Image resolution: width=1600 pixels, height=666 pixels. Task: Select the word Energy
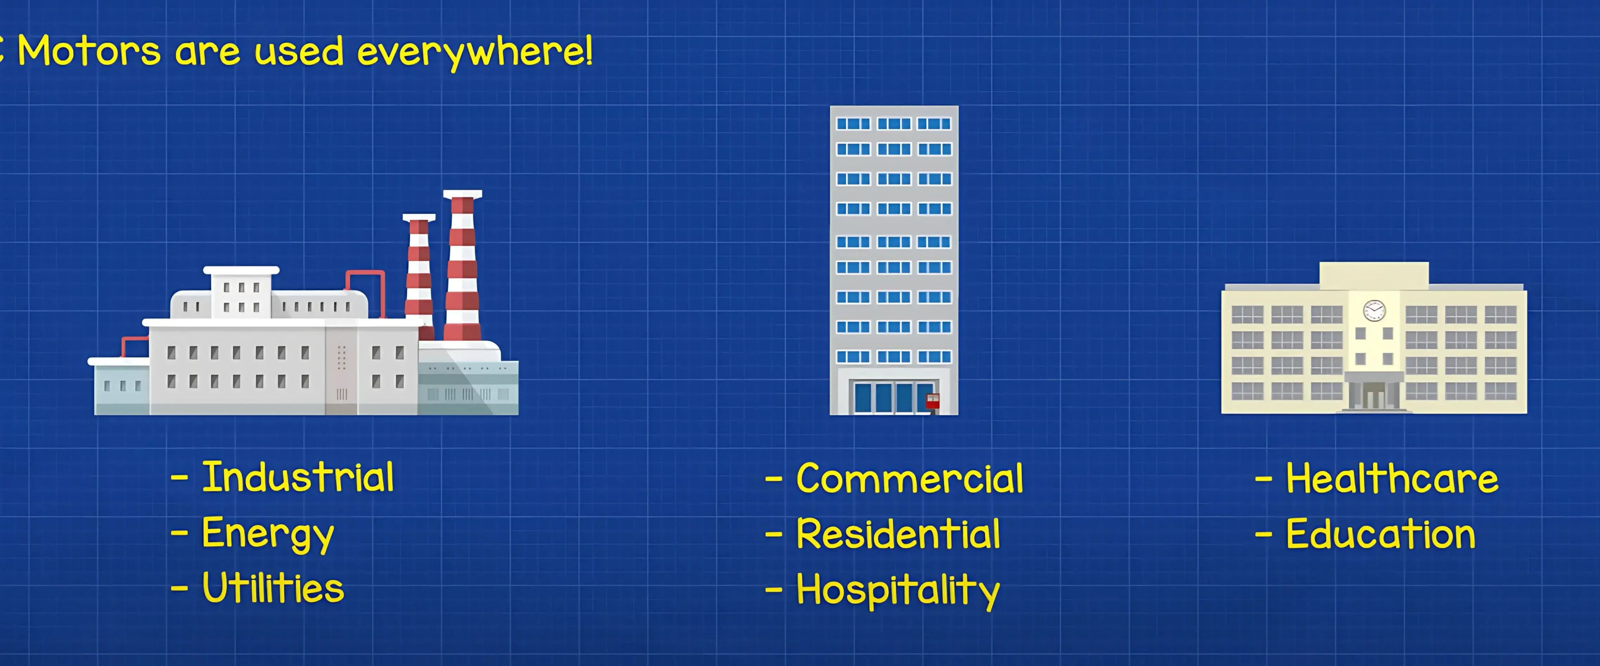click(268, 535)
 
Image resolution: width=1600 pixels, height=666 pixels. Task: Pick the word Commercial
click(909, 479)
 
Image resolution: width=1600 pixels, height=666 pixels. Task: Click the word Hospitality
click(898, 590)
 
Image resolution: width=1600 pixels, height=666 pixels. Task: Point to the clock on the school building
click(1374, 310)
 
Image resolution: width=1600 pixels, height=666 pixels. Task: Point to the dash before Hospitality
click(774, 590)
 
